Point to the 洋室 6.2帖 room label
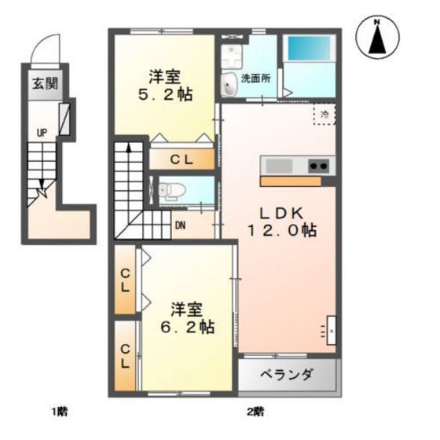tap(189, 317)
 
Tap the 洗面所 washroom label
tap(255, 79)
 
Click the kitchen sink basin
tap(279, 166)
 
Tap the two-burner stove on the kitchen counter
tap(319, 166)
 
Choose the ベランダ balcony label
tap(288, 374)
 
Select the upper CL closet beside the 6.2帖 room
tap(125, 280)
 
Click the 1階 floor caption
tap(60, 411)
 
